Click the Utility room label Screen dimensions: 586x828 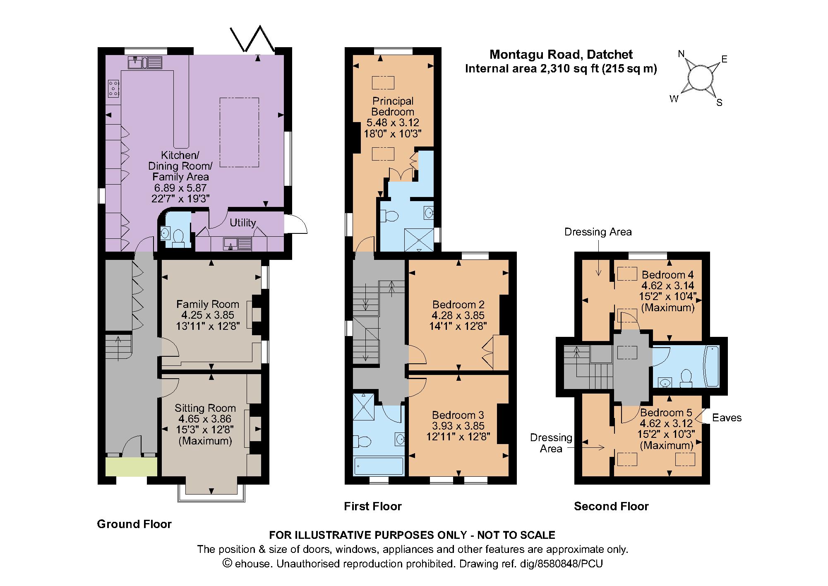coord(242,223)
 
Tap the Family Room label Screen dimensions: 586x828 coord(207,305)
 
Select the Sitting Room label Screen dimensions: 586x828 coord(205,408)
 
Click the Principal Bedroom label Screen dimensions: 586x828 coord(392,106)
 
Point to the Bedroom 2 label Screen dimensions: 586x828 coord(458,305)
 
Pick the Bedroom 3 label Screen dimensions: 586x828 coord(458,415)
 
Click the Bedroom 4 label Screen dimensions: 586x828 coord(667,275)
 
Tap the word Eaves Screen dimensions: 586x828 coord(727,418)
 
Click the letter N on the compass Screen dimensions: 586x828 coord(681,54)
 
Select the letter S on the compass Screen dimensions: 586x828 coord(719,103)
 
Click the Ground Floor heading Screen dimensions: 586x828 coord(134,524)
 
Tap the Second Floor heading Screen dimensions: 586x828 coord(611,506)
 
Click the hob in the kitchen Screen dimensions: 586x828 coord(114,89)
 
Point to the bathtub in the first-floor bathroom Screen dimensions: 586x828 coord(378,466)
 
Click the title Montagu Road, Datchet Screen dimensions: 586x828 coord(561,54)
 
